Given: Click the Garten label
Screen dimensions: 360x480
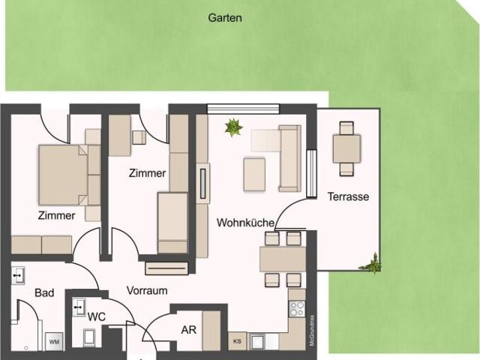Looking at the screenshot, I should [225, 17].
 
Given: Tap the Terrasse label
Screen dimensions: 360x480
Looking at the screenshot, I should [348, 197].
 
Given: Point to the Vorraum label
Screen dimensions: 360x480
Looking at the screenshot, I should [146, 290].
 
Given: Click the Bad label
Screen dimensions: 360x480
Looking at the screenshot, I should [43, 293].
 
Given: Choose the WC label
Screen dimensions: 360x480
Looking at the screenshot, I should [96, 317].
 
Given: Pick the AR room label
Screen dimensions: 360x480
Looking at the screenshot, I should [188, 329].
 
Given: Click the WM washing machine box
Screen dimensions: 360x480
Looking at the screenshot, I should [54, 342].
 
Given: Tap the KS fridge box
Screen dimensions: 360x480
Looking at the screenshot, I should [237, 341].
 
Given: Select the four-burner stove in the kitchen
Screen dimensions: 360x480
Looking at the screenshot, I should [297, 308].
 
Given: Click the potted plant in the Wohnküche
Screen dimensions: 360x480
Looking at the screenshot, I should [233, 127].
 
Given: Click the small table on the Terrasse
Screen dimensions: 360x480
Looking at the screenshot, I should [346, 148].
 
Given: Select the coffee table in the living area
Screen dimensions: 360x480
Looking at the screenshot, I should [254, 174].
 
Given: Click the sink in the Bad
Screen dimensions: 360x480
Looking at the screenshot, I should [18, 275].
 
